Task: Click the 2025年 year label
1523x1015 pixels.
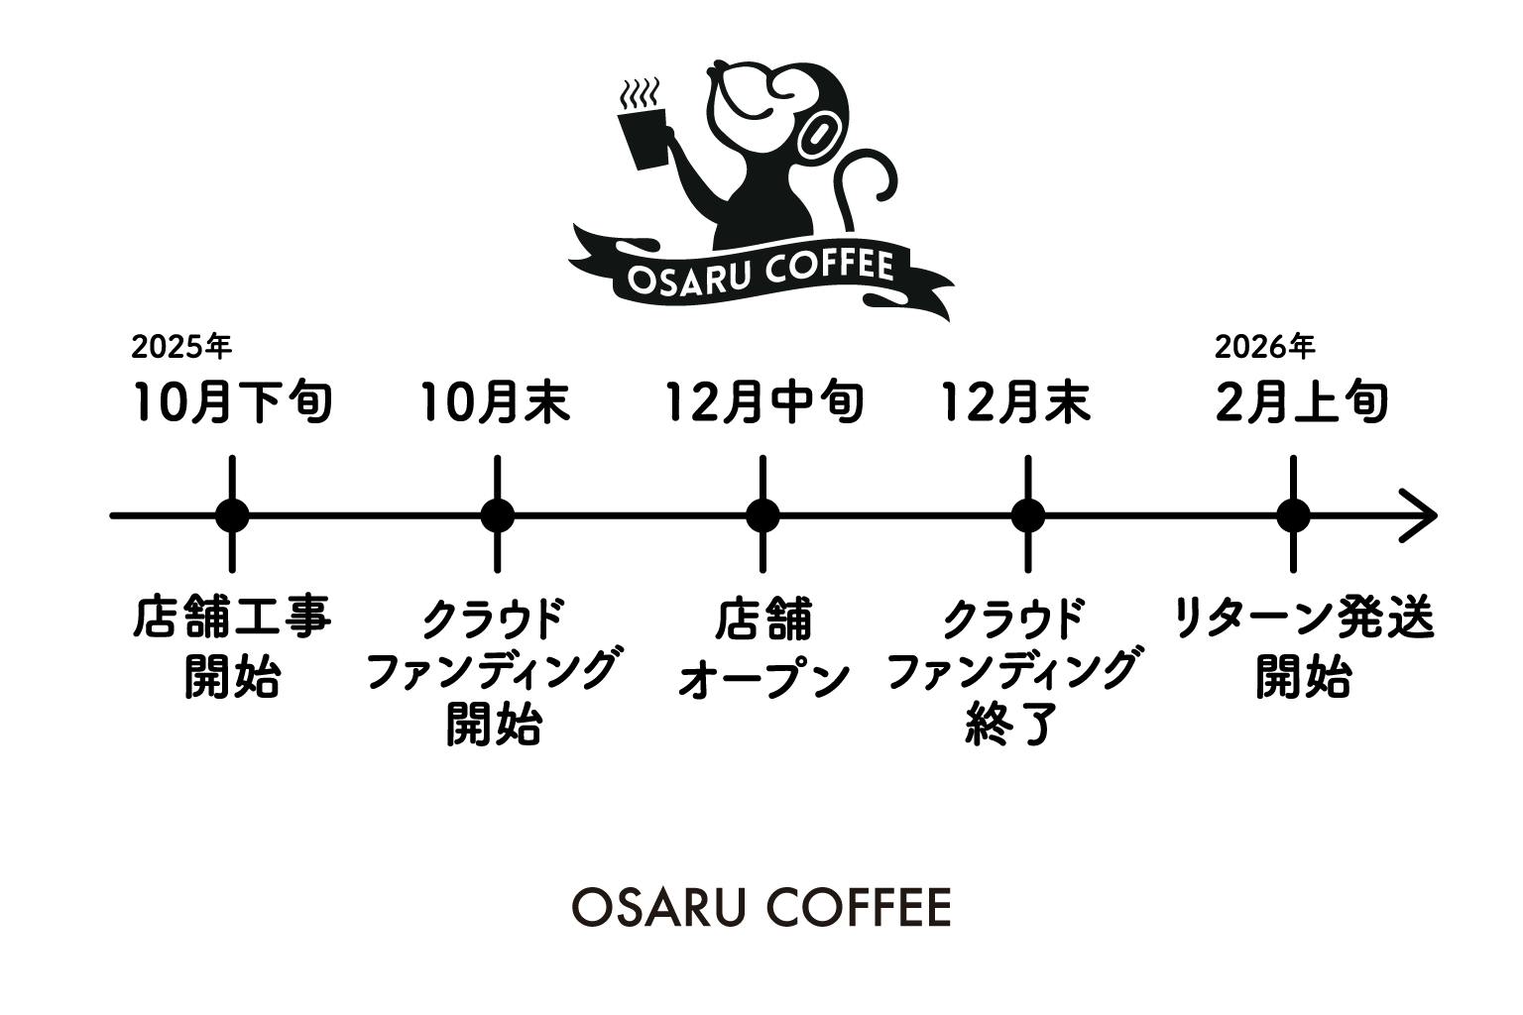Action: [x=181, y=347]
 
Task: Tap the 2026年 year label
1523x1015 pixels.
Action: [x=1264, y=347]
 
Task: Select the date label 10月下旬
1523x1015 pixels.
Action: [x=233, y=402]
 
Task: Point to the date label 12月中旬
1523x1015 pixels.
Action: [x=764, y=402]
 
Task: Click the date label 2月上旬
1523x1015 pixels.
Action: [x=1301, y=402]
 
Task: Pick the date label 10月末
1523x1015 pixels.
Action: [x=496, y=402]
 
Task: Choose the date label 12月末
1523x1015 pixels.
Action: [x=1015, y=402]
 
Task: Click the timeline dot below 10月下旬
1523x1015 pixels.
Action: [x=233, y=515]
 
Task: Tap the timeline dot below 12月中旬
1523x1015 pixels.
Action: [x=762, y=515]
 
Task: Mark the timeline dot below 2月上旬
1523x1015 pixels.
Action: [x=1293, y=515]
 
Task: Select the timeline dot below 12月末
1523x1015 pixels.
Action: [x=1028, y=515]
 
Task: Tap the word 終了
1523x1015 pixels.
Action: [x=1012, y=724]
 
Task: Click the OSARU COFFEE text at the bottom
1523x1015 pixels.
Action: [x=761, y=907]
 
